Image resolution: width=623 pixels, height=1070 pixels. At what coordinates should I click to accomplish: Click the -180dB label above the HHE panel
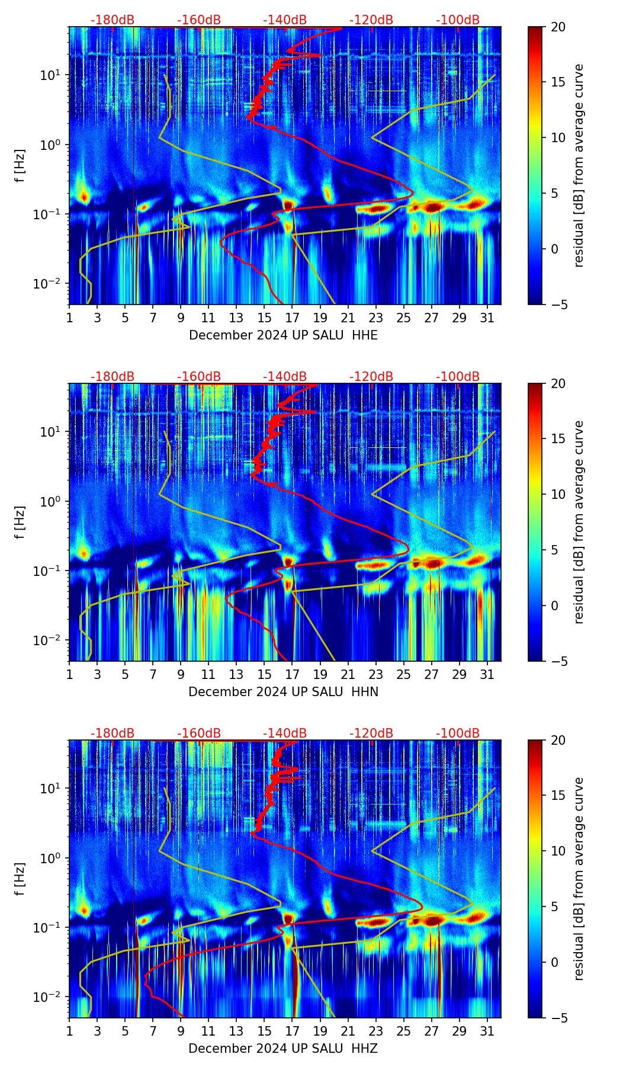113,20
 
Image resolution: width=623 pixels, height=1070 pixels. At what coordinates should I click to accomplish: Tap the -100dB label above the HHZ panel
458,733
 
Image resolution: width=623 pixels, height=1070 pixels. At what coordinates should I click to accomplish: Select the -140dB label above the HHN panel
285,377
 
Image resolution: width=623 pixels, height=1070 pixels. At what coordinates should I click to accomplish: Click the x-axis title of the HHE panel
283,335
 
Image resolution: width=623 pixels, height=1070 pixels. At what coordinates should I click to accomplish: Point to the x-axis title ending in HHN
283,692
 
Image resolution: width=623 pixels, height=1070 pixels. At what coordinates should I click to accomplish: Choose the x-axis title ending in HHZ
283,1049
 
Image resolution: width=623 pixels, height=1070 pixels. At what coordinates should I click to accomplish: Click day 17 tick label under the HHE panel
293,318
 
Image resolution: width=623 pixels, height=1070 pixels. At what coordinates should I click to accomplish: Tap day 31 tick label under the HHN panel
487,674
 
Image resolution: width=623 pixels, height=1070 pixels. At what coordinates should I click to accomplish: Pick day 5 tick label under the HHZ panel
125,1031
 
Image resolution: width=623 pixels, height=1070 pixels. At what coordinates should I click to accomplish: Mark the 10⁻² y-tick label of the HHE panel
52,284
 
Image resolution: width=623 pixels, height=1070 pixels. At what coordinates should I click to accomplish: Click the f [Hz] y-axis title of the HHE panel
20,166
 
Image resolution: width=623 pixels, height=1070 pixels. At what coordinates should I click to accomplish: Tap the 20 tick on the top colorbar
558,27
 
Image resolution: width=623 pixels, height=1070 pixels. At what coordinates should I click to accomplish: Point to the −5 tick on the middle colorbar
558,661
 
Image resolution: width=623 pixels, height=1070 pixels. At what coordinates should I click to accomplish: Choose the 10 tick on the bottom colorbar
558,851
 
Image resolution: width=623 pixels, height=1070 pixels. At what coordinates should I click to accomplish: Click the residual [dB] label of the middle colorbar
579,522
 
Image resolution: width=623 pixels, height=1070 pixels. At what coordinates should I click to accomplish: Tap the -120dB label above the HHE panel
371,20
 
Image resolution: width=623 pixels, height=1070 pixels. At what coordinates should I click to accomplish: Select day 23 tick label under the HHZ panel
376,1031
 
